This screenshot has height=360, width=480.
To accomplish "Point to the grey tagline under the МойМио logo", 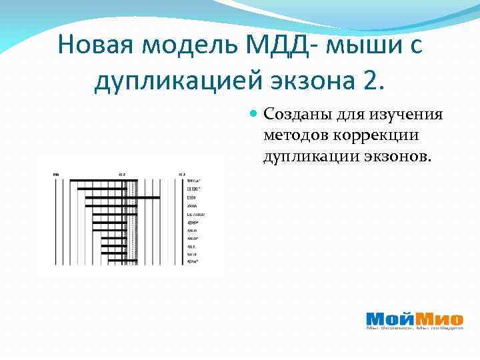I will tap(414, 328).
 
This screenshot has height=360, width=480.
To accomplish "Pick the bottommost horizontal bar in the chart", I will tap(117, 262).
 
